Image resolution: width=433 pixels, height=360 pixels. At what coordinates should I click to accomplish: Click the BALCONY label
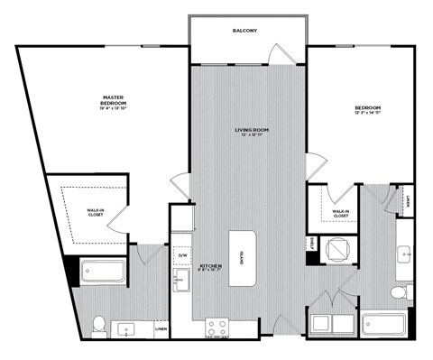pyautogui.click(x=244, y=31)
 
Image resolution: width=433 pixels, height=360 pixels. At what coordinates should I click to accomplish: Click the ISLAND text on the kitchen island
pyautogui.click(x=243, y=258)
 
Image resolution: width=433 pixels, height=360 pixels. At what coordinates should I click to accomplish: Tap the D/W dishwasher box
pyautogui.click(x=182, y=255)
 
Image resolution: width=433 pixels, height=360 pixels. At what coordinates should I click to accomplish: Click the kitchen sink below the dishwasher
pyautogui.click(x=180, y=282)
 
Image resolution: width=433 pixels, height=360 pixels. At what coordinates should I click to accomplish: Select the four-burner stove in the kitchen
pyautogui.click(x=217, y=328)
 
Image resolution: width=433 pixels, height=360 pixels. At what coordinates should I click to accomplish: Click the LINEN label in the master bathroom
pyautogui.click(x=161, y=330)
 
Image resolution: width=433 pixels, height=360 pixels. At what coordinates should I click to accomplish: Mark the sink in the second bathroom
pyautogui.click(x=404, y=255)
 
